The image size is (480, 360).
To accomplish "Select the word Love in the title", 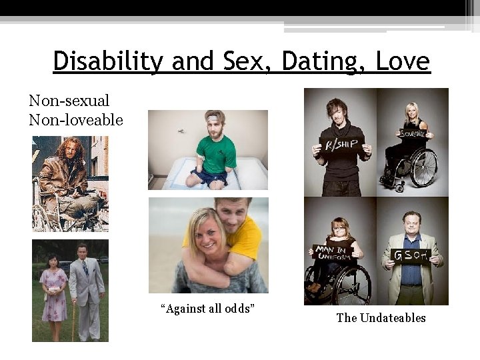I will [x=403, y=62].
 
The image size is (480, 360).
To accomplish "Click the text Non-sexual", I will [x=69, y=101].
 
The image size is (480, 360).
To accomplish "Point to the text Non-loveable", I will [x=76, y=120].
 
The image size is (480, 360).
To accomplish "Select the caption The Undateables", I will [x=381, y=318].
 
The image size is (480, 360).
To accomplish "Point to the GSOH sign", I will [x=411, y=256].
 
